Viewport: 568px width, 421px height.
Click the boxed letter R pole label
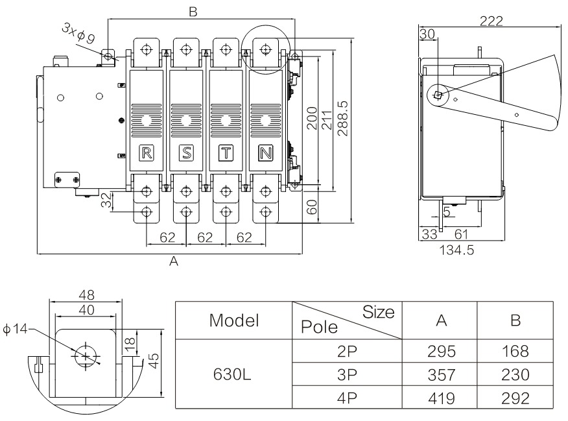click(147, 154)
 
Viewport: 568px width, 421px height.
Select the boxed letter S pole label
click(186, 154)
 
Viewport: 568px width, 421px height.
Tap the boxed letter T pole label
click(226, 154)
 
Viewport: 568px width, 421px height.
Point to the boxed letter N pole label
click(265, 154)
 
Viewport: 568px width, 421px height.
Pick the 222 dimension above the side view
click(491, 21)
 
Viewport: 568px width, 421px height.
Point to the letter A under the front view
click(173, 261)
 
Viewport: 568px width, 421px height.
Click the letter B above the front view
click(192, 11)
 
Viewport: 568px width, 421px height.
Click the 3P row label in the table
click(344, 375)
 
